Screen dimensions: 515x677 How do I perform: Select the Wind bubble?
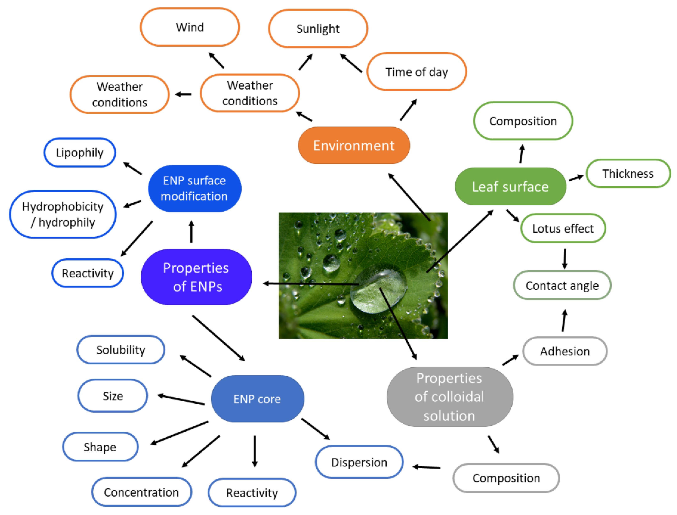pyautogui.click(x=190, y=27)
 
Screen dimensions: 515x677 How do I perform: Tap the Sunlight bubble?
pyautogui.click(x=318, y=29)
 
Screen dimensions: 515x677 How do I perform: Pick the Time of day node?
pyautogui.click(x=417, y=72)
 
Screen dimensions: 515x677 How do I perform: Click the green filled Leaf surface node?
pyautogui.click(x=510, y=186)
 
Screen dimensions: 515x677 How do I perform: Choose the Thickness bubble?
pyautogui.click(x=628, y=174)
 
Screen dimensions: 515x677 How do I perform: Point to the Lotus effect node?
pyautogui.click(x=563, y=228)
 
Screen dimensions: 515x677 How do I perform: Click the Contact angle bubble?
pyautogui.click(x=562, y=285)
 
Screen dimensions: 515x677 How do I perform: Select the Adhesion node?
pyautogui.click(x=565, y=351)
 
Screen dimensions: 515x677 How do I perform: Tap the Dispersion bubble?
pyautogui.click(x=359, y=462)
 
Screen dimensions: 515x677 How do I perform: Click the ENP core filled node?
pyautogui.click(x=257, y=399)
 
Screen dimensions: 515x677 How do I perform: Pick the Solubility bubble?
pyautogui.click(x=121, y=350)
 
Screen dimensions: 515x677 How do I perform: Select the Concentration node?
pyautogui.click(x=142, y=492)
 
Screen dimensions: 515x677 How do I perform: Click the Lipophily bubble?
pyautogui.click(x=80, y=153)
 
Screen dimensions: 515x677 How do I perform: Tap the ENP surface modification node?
pyautogui.click(x=194, y=188)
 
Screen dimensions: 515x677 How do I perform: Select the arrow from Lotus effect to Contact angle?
pyautogui.click(x=565, y=258)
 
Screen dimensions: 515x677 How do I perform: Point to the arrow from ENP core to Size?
pyautogui.click(x=181, y=400)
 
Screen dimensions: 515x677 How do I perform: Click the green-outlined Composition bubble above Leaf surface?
pyautogui.click(x=523, y=121)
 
